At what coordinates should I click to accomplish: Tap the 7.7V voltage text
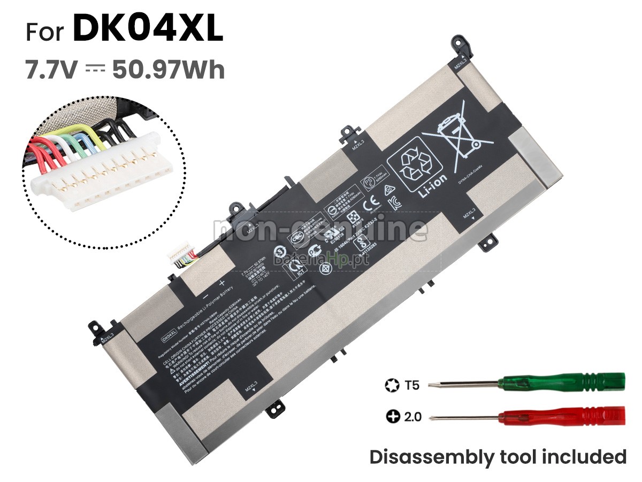52,70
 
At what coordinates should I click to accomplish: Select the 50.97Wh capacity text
169,70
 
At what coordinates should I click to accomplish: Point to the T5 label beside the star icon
412,385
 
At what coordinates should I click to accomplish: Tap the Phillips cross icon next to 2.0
393,416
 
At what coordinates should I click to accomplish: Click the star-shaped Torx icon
392,385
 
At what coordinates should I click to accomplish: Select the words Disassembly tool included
498,457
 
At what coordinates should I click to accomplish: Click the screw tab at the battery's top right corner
461,46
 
